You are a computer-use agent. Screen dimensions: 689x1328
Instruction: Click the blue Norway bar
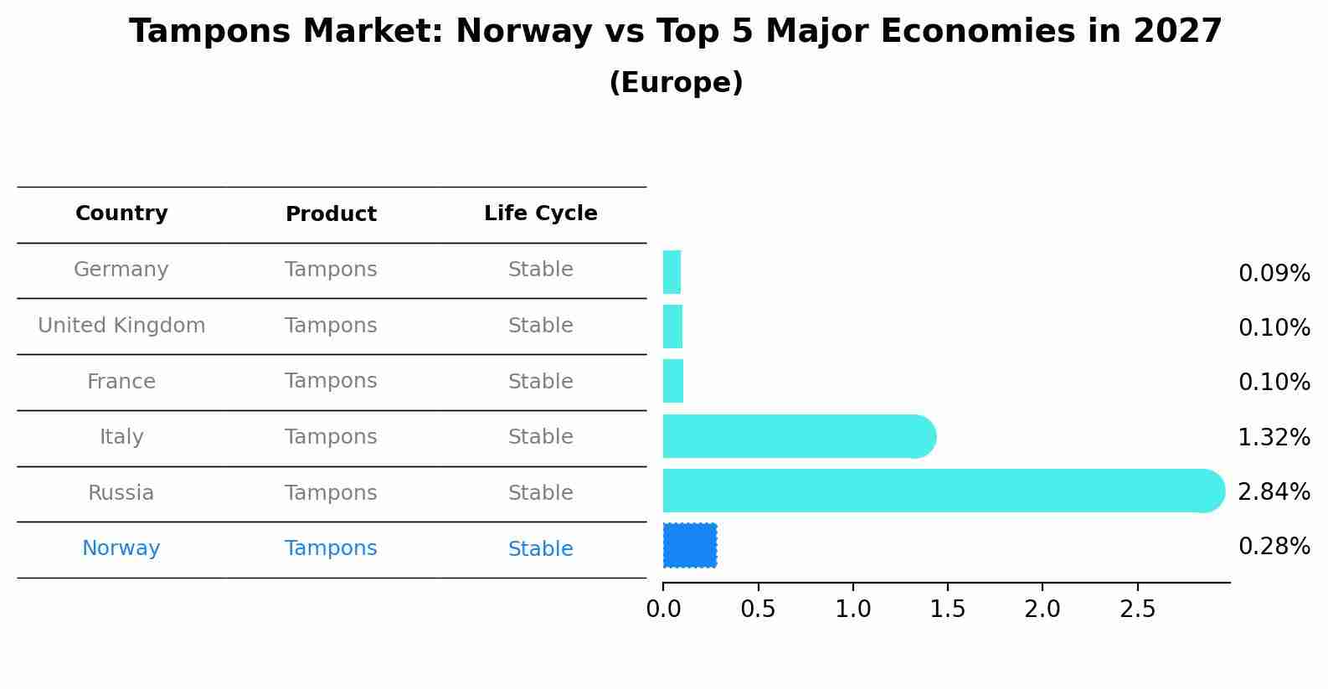pos(690,545)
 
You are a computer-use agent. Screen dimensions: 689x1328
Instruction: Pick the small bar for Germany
pos(672,272)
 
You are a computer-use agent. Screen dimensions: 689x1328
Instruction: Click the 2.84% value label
pos(1274,491)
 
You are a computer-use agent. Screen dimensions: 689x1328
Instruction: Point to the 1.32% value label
pos(1274,437)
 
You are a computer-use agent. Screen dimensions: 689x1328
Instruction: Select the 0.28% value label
pos(1274,547)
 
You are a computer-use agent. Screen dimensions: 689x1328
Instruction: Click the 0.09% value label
pos(1274,274)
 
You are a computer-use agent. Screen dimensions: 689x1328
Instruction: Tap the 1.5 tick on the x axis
pos(948,609)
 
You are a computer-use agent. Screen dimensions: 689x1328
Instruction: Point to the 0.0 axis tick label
pos(663,609)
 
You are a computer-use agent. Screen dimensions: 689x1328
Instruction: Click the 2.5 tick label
pos(1137,609)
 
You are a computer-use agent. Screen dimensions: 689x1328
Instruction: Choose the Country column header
pos(121,213)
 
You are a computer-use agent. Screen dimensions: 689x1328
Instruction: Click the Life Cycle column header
pos(540,213)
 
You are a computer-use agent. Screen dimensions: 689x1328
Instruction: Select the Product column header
pos(331,214)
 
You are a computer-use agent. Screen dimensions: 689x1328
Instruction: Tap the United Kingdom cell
pos(121,326)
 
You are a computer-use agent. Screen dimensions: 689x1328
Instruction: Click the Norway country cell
pos(121,548)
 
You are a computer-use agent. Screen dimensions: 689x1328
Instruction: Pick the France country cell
pos(121,382)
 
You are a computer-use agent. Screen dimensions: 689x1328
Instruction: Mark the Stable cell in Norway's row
pos(540,549)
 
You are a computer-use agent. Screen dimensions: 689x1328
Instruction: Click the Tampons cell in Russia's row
pos(331,493)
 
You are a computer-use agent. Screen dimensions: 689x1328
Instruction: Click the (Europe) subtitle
pos(676,83)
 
